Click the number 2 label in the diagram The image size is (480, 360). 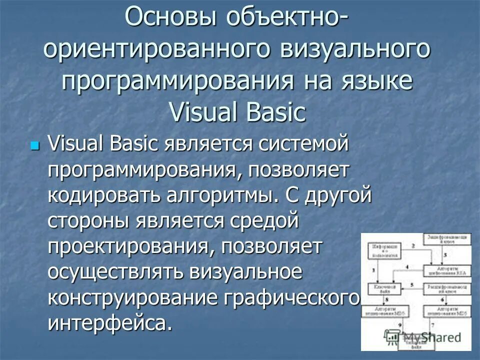[x=413, y=245]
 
